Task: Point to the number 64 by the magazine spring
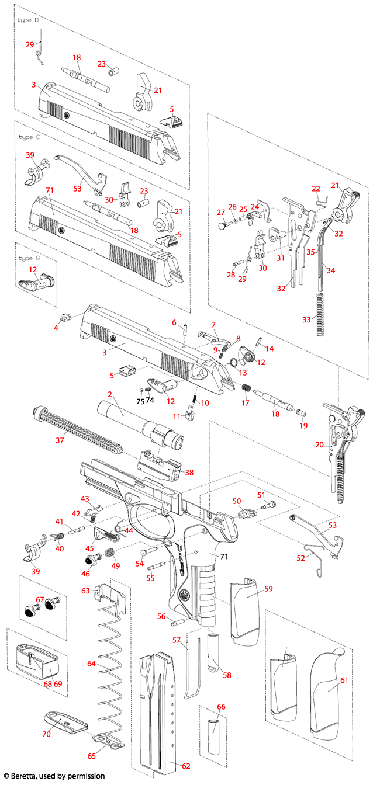point(91,664)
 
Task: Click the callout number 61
point(344,680)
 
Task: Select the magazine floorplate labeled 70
point(64,722)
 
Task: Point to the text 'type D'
point(28,20)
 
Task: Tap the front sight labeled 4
point(65,318)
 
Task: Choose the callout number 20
point(319,444)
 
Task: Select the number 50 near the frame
point(237,501)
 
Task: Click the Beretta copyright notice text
point(46,776)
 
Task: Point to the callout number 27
point(221,212)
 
